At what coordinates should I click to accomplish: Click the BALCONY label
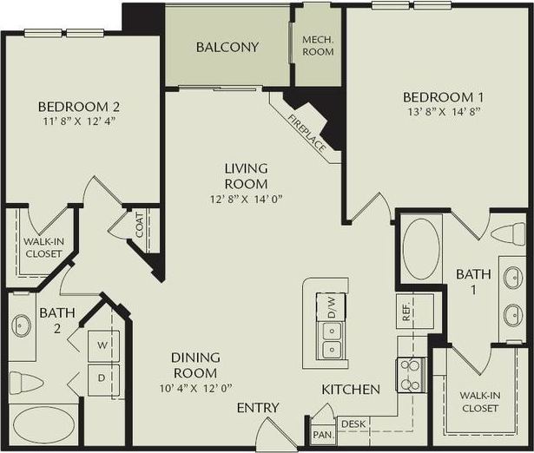[227, 47]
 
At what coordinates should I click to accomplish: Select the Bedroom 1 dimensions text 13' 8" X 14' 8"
[442, 112]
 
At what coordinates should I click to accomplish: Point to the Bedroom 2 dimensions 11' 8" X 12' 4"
[78, 121]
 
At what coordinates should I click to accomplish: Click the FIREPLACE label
[308, 134]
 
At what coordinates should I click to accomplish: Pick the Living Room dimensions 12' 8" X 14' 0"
[246, 199]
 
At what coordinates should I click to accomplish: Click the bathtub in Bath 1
[422, 248]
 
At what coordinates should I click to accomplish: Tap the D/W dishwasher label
[331, 305]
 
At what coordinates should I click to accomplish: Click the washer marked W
[102, 345]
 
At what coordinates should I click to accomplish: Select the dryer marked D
[102, 378]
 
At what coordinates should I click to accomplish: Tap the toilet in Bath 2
[27, 383]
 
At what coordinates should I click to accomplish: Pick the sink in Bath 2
[21, 325]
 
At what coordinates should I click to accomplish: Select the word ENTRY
[258, 408]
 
